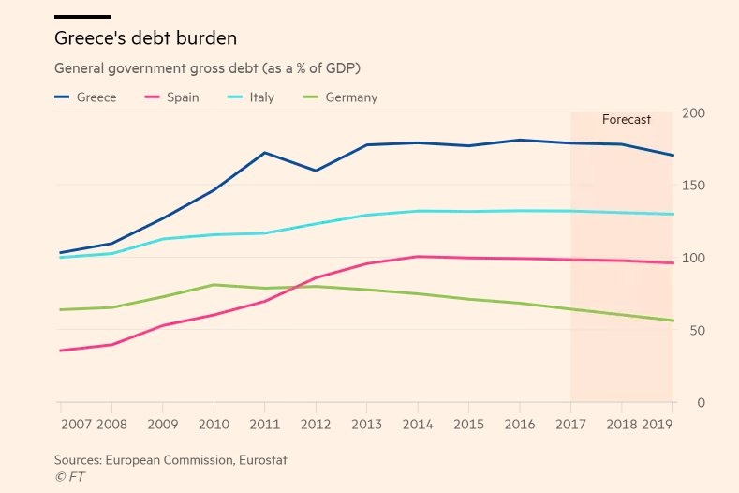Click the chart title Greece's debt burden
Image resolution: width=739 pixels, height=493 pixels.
(x=145, y=38)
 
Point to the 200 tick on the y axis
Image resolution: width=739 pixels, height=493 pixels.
(x=694, y=113)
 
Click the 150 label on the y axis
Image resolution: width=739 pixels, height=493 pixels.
(x=694, y=186)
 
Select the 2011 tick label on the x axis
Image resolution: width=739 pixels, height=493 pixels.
(x=266, y=425)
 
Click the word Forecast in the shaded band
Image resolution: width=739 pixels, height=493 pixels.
(x=626, y=120)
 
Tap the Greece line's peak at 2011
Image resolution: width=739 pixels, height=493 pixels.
(x=266, y=152)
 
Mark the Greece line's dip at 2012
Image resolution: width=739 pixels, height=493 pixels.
(x=317, y=171)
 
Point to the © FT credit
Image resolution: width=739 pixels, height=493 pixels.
(x=69, y=476)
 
